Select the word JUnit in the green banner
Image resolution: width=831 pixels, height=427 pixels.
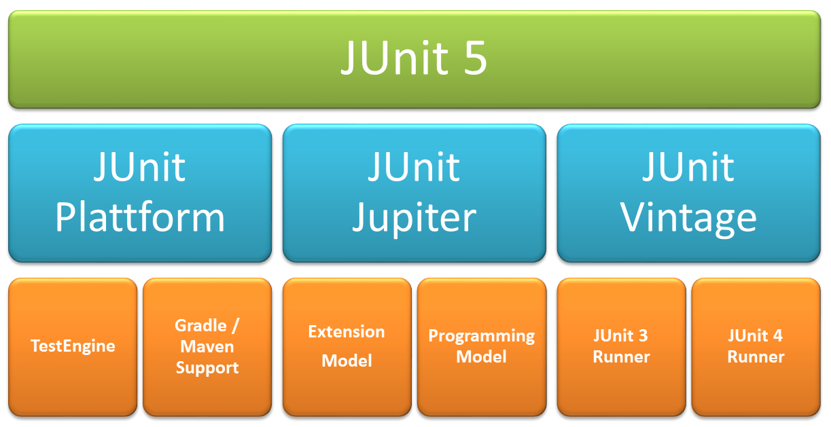(x=391, y=60)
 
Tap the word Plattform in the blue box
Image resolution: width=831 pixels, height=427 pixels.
(x=140, y=217)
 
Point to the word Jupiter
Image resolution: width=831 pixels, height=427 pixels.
(x=414, y=219)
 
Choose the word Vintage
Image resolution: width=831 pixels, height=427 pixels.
(x=688, y=219)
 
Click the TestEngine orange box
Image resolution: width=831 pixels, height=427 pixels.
(x=73, y=346)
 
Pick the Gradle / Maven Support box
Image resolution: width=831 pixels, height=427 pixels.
(x=207, y=346)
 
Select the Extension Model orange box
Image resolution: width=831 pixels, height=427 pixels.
(x=347, y=346)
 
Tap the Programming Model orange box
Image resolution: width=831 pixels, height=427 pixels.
(x=481, y=346)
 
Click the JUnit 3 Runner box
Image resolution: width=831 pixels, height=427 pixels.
(x=621, y=346)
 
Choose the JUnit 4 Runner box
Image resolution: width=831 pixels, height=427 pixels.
(x=756, y=346)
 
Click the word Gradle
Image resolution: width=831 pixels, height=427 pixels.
(x=200, y=325)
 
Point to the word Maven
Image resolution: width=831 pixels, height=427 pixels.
(x=207, y=347)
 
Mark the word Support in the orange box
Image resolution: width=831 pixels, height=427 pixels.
(x=207, y=368)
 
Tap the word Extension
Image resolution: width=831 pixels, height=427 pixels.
(x=347, y=332)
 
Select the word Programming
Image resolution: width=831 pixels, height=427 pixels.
(x=481, y=336)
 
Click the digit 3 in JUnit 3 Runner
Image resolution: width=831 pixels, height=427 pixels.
(x=643, y=336)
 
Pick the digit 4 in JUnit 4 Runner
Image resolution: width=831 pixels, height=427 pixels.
(x=777, y=336)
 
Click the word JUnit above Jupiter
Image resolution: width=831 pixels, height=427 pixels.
(x=414, y=167)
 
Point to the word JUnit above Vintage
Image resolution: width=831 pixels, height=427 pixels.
(x=688, y=167)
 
